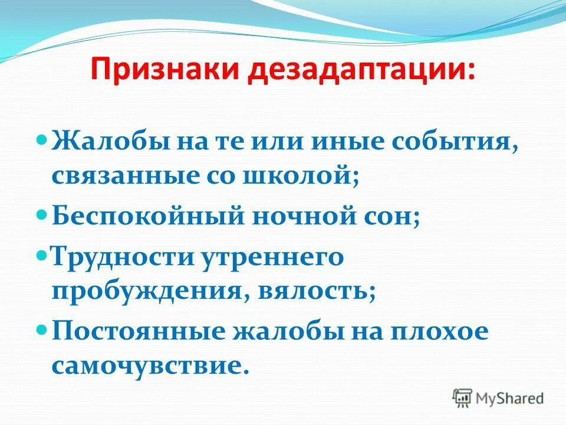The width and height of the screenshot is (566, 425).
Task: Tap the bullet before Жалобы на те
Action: click(x=41, y=142)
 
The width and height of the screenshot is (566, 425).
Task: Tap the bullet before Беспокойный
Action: click(x=41, y=215)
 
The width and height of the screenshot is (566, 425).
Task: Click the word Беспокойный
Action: click(x=147, y=217)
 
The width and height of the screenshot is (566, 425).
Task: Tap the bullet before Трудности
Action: click(x=41, y=256)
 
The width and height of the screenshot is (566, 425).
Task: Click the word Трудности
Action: click(x=124, y=257)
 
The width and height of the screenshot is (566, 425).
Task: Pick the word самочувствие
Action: click(x=147, y=366)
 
